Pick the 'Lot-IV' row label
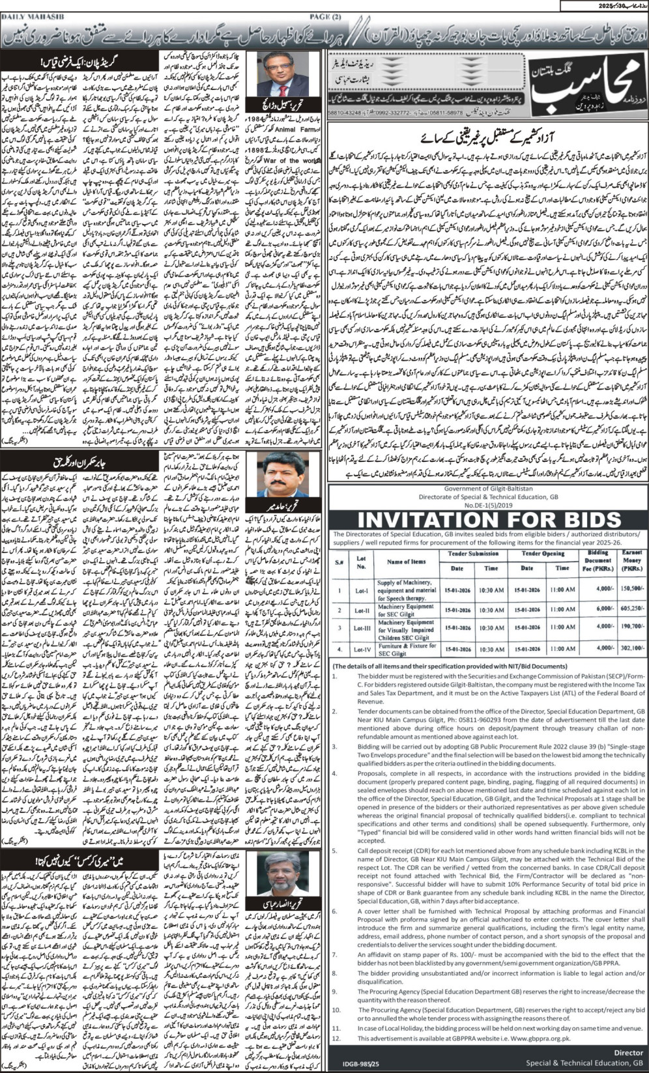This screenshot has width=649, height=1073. (x=361, y=650)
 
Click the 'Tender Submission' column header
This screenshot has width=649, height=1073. (x=474, y=554)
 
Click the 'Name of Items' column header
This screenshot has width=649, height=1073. (x=406, y=561)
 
